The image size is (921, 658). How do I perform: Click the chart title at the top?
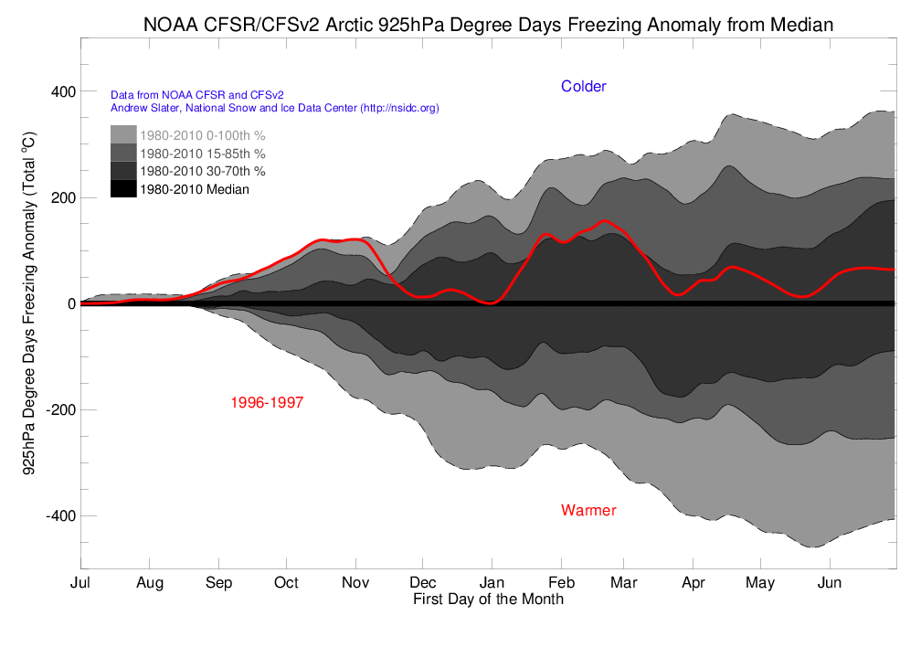488,25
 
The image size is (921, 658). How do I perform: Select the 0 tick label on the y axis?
69,304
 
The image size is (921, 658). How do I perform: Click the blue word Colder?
583,87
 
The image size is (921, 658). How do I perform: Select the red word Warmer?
588,510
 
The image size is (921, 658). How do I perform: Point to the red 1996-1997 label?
267,402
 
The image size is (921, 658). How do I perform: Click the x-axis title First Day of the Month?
488,600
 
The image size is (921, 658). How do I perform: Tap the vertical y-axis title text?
28,303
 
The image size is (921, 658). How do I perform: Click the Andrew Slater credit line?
274,108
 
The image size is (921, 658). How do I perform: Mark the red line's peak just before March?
605,221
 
